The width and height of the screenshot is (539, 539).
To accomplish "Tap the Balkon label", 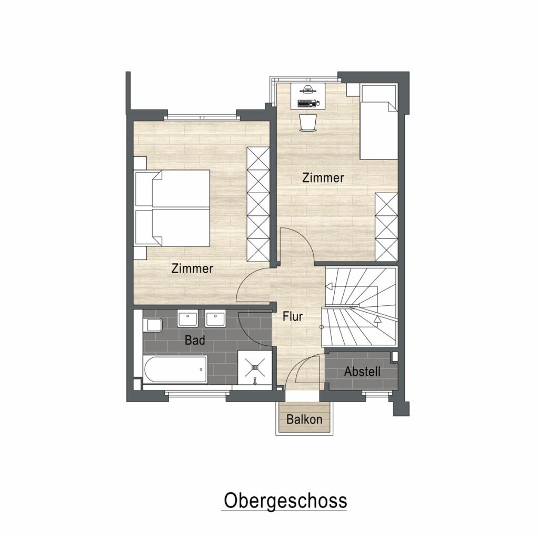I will [x=304, y=420].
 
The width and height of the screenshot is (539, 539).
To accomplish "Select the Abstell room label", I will [x=362, y=372].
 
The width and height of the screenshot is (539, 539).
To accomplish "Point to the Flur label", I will [x=293, y=316].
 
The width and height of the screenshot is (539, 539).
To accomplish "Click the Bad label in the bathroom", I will [x=195, y=341].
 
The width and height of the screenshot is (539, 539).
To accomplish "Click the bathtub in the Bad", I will [x=175, y=369].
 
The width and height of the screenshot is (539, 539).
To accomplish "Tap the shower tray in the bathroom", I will [x=255, y=367].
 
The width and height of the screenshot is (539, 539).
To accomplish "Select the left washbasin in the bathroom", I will [x=188, y=319].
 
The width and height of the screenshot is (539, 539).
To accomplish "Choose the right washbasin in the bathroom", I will [x=215, y=319].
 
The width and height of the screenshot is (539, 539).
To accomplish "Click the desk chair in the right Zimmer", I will [x=308, y=122].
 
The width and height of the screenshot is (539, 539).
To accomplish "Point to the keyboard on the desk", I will [x=307, y=103].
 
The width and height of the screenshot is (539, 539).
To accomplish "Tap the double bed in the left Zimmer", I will [x=174, y=208].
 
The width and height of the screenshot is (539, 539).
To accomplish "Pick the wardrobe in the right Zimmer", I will [x=386, y=227].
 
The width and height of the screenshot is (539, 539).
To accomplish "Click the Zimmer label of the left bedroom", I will [x=192, y=268].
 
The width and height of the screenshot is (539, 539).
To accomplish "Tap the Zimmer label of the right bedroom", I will [x=323, y=178].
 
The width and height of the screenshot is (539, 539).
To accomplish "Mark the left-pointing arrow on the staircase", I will [x=329, y=286].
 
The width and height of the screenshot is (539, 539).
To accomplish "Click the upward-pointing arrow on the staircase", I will [x=377, y=319].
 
